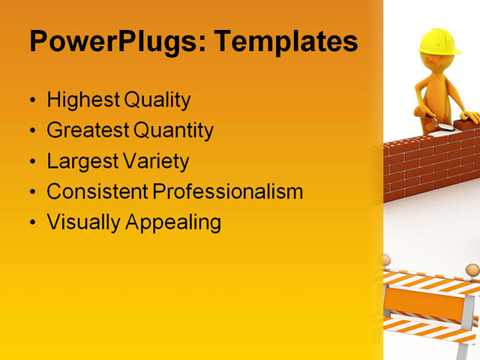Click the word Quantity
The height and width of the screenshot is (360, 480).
(x=174, y=130)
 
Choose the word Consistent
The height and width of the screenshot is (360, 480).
(x=97, y=191)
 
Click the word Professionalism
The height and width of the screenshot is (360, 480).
(x=228, y=191)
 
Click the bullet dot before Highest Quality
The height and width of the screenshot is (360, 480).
(x=31, y=100)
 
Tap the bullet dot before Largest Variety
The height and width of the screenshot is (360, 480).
(x=31, y=162)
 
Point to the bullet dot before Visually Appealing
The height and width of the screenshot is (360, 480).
(x=31, y=223)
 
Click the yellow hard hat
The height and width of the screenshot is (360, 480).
(x=439, y=41)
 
